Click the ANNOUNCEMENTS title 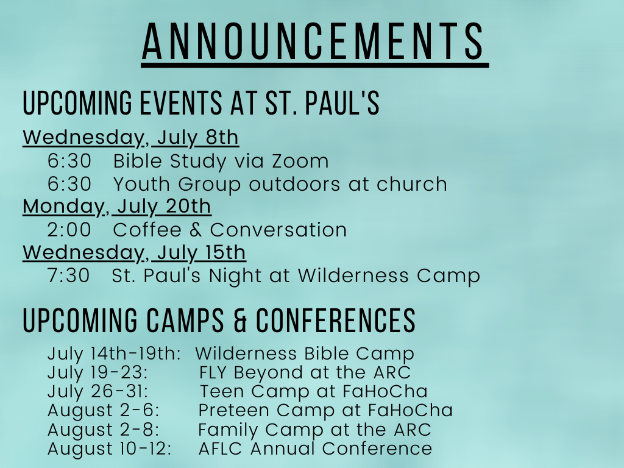click(x=313, y=41)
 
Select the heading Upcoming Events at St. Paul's click(x=201, y=103)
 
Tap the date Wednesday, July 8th click(x=130, y=138)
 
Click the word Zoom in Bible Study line click(x=300, y=161)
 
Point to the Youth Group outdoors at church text click(x=280, y=184)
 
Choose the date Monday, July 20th click(x=116, y=207)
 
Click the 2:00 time click(x=69, y=230)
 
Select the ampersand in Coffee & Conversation click(x=196, y=230)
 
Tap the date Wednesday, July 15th click(x=134, y=253)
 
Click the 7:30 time click(x=69, y=276)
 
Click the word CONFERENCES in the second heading click(x=336, y=321)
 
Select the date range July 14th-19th click(x=114, y=354)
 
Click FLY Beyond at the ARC click(x=305, y=373)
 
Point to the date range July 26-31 click(x=97, y=392)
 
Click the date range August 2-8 click(x=103, y=430)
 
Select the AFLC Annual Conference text click(x=315, y=448)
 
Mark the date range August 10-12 click(x=110, y=449)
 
